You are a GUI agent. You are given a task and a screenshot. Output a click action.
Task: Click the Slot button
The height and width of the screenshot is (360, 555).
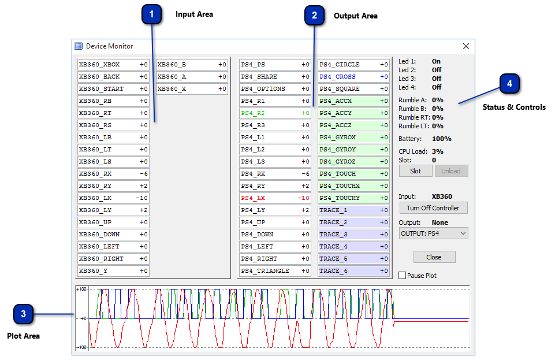pyautogui.click(x=416, y=171)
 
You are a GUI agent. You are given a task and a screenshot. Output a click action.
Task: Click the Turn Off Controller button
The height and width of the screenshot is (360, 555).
pyautogui.click(x=433, y=208)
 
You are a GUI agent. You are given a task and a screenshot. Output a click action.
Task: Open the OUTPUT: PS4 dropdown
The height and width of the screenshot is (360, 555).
pyautogui.click(x=433, y=233)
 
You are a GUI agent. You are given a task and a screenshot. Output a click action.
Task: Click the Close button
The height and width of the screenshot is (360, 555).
pyautogui.click(x=434, y=257)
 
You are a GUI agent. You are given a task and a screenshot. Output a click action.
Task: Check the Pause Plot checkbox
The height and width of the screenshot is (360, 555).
pyautogui.click(x=403, y=276)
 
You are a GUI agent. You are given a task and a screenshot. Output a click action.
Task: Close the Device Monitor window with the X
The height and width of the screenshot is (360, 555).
pyautogui.click(x=466, y=46)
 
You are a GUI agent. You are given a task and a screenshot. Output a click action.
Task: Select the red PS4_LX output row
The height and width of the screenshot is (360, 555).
pyautogui.click(x=275, y=198)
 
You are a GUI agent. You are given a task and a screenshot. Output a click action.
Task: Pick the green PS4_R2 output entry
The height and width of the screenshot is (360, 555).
pyautogui.click(x=275, y=113)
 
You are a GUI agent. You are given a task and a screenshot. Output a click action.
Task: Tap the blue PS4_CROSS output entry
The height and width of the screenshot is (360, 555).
pyautogui.click(x=353, y=76)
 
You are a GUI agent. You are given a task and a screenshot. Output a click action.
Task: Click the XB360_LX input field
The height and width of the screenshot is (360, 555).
pyautogui.click(x=113, y=198)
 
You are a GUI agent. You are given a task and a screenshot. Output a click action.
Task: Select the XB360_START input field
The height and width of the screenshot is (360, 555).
pyautogui.click(x=113, y=88)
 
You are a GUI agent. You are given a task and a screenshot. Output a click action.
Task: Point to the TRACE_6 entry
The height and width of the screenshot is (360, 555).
pyautogui.click(x=353, y=271)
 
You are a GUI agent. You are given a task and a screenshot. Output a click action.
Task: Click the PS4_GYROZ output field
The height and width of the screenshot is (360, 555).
pyautogui.click(x=353, y=161)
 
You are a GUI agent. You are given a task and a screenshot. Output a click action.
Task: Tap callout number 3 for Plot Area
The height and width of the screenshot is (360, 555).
pyautogui.click(x=23, y=314)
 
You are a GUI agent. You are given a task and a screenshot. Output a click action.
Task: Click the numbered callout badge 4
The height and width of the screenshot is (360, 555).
pyautogui.click(x=510, y=84)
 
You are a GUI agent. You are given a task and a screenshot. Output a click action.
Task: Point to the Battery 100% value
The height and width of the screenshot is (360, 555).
pyautogui.click(x=441, y=139)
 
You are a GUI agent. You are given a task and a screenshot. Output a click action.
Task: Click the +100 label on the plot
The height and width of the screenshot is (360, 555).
pyautogui.click(x=82, y=289)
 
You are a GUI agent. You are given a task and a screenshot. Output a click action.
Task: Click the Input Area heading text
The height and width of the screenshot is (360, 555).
pyautogui.click(x=194, y=14)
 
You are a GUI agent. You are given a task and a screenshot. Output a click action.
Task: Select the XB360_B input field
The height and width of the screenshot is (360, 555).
pyautogui.click(x=192, y=64)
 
